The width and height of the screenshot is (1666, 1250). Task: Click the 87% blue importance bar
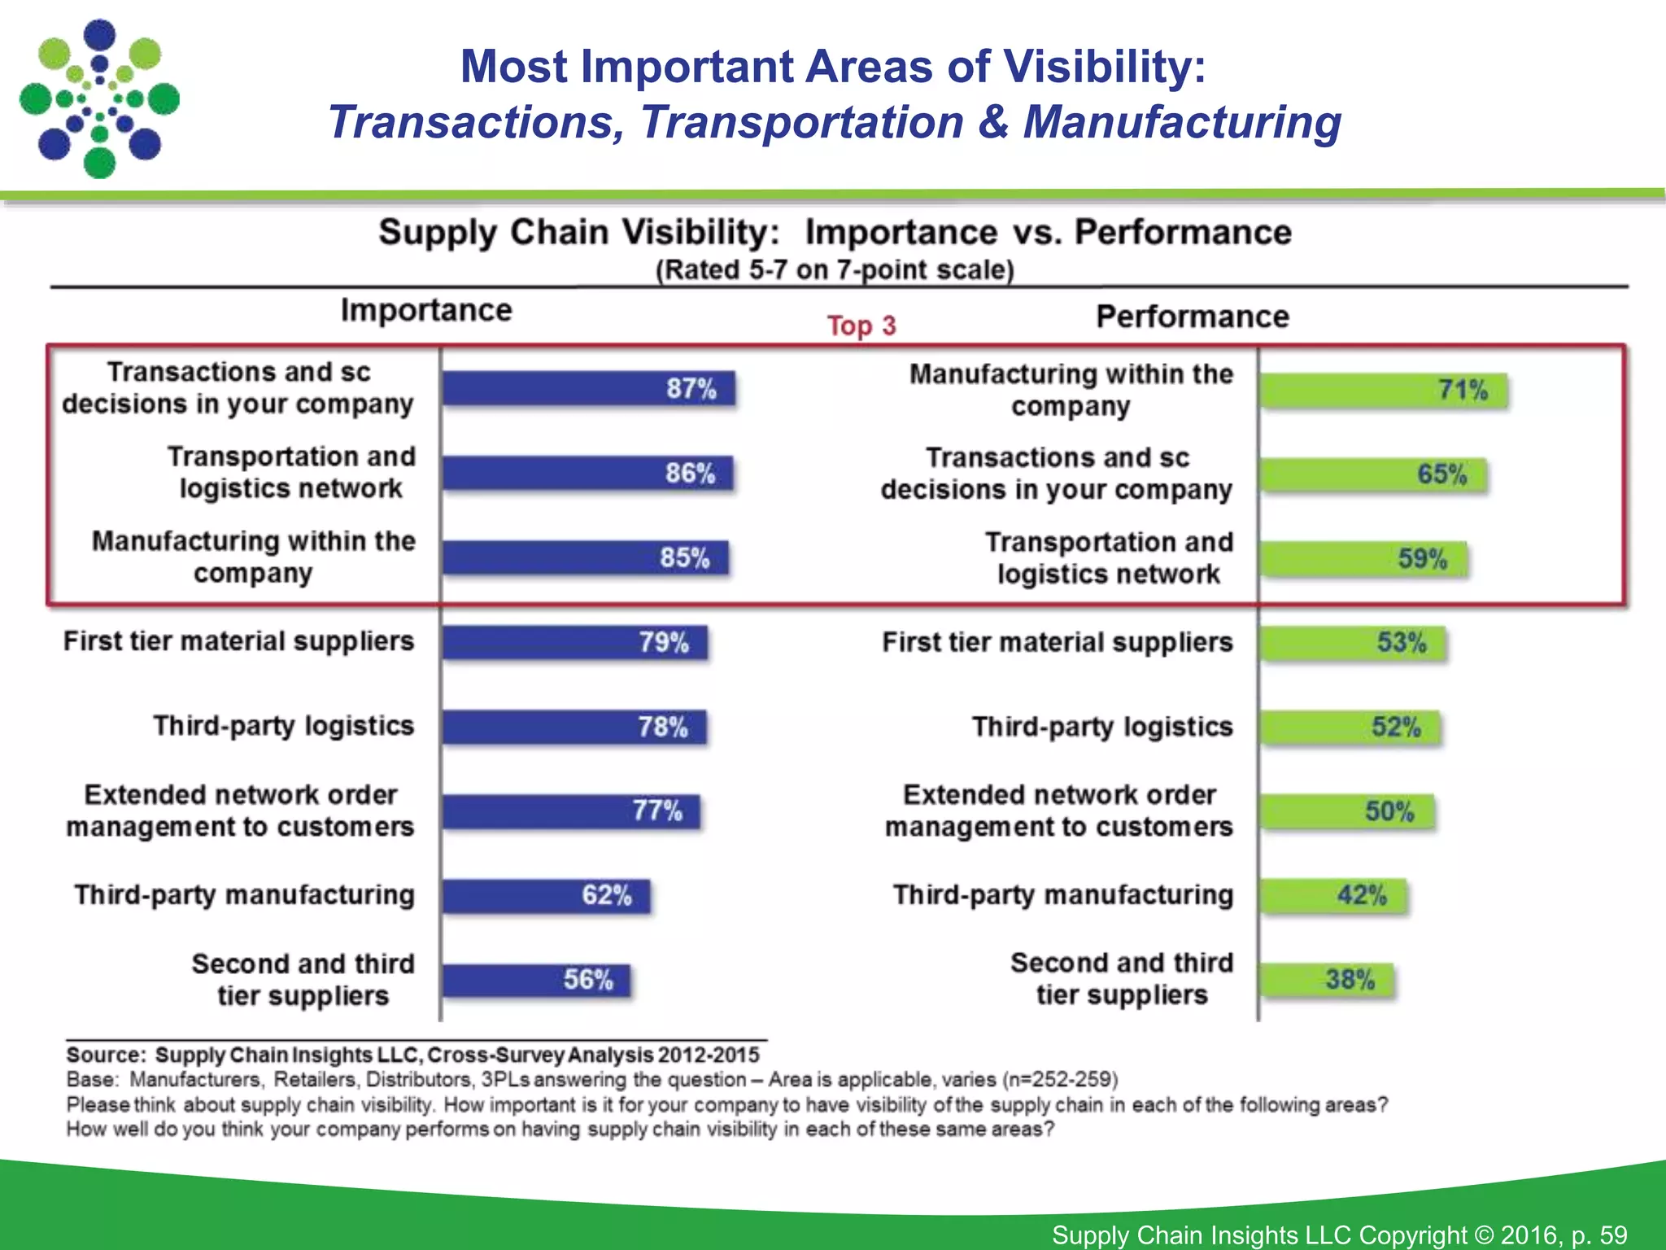(x=587, y=388)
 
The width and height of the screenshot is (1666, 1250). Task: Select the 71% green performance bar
(x=1383, y=390)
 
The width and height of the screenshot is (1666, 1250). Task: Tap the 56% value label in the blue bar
(x=588, y=979)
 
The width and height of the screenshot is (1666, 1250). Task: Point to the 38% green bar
(x=1326, y=979)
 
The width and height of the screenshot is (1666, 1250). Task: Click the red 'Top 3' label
(x=861, y=326)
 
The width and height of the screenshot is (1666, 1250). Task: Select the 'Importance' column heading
(x=426, y=310)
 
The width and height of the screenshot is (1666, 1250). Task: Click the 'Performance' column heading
(x=1193, y=317)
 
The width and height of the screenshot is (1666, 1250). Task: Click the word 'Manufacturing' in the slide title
(x=1181, y=122)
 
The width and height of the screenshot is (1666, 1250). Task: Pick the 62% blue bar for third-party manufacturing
(x=545, y=895)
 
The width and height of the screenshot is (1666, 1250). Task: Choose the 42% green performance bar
(x=1332, y=895)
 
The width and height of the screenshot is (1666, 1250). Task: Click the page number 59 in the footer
(x=1613, y=1235)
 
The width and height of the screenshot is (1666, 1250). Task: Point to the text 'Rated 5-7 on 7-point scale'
(x=835, y=269)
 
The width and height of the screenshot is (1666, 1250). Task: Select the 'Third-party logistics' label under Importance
(x=284, y=725)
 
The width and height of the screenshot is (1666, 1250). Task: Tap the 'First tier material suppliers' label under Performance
(x=1058, y=642)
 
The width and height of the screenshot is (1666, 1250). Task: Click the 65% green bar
(x=1372, y=474)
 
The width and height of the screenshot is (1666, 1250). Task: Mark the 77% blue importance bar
(x=571, y=811)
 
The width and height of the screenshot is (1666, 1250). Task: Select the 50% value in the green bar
(x=1389, y=811)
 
